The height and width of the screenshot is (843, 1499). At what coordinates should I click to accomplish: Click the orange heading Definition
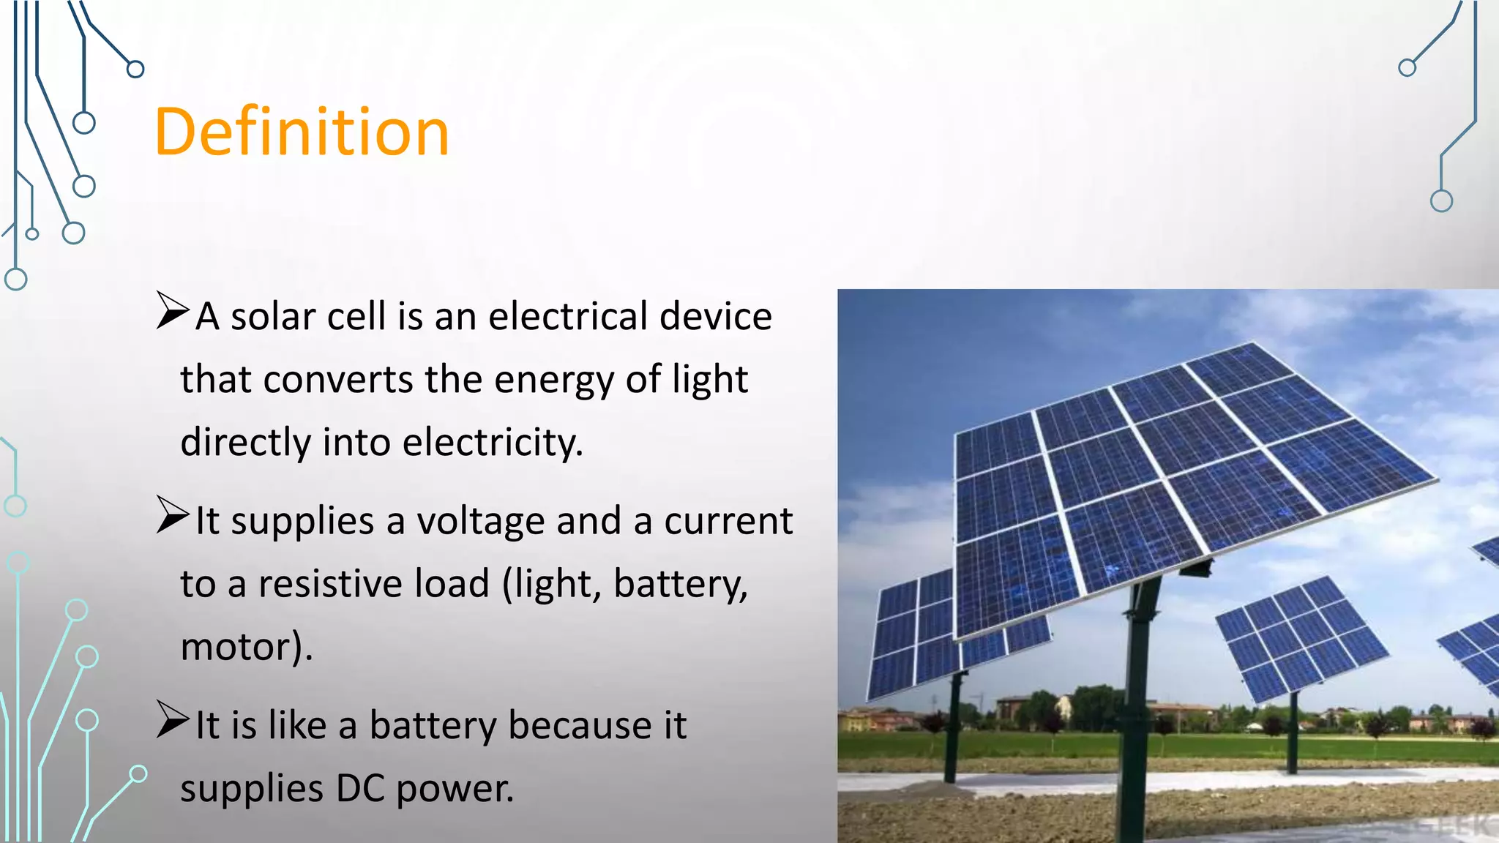[x=302, y=132]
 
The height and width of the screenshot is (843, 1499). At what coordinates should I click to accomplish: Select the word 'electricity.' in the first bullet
[x=493, y=443]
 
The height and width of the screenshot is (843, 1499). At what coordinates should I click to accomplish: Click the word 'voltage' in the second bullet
[x=480, y=522]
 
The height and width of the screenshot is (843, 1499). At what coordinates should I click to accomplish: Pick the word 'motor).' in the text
[x=247, y=648]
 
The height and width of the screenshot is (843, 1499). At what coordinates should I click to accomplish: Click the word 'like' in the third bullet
[x=297, y=726]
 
